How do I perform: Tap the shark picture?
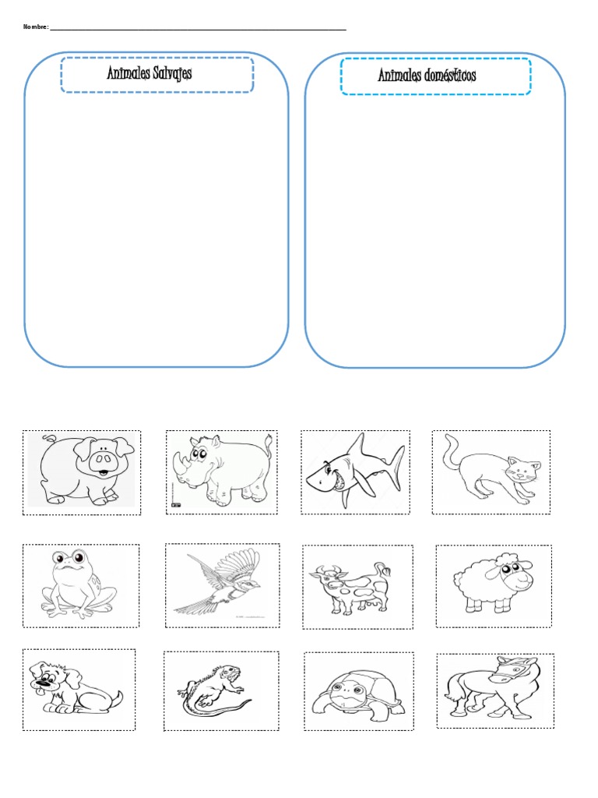(355, 470)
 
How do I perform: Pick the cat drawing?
(491, 470)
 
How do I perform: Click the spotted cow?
(351, 588)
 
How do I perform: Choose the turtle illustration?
(358, 694)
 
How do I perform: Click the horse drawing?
(492, 688)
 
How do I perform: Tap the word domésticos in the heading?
(451, 76)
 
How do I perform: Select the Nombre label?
(36, 27)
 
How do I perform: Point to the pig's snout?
(104, 461)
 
